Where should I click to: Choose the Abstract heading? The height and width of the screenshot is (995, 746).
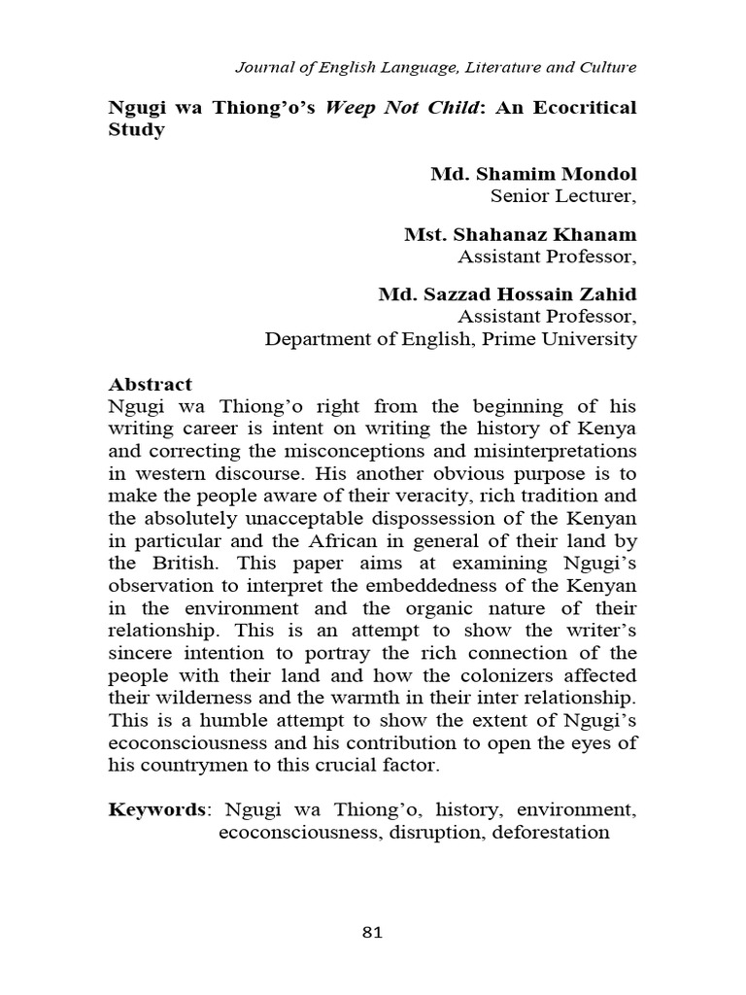click(150, 384)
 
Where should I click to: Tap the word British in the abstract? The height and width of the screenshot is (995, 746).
click(181, 563)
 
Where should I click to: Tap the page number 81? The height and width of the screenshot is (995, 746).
click(372, 933)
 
